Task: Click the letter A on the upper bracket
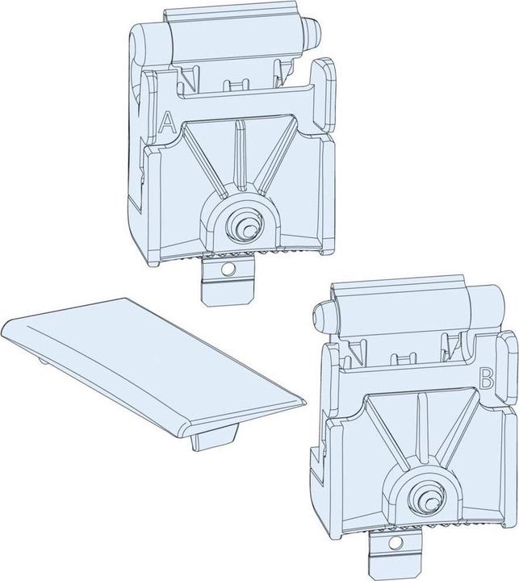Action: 167,123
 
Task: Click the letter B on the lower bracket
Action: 487,378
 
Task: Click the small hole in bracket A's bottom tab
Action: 228,269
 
